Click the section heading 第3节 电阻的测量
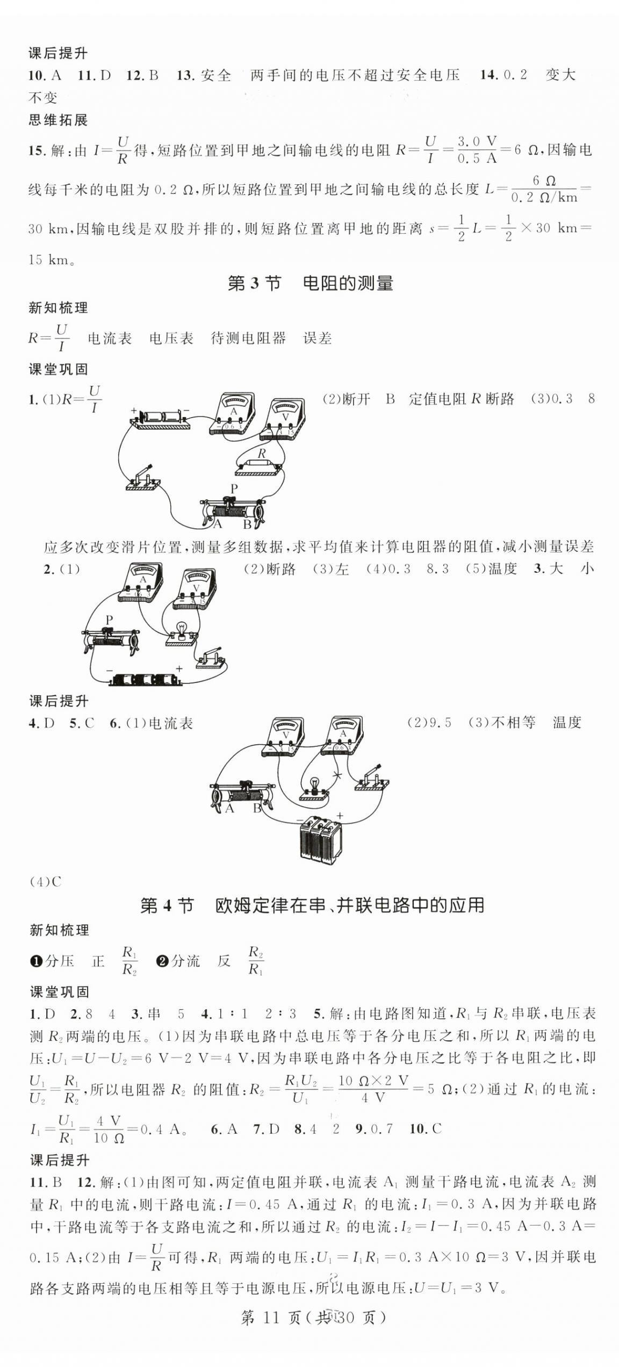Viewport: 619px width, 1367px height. pos(310,283)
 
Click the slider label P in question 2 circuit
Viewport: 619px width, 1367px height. pos(109,620)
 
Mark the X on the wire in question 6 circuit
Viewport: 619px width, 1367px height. pos(337,775)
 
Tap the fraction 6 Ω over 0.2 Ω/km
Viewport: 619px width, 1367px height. pos(544,189)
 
